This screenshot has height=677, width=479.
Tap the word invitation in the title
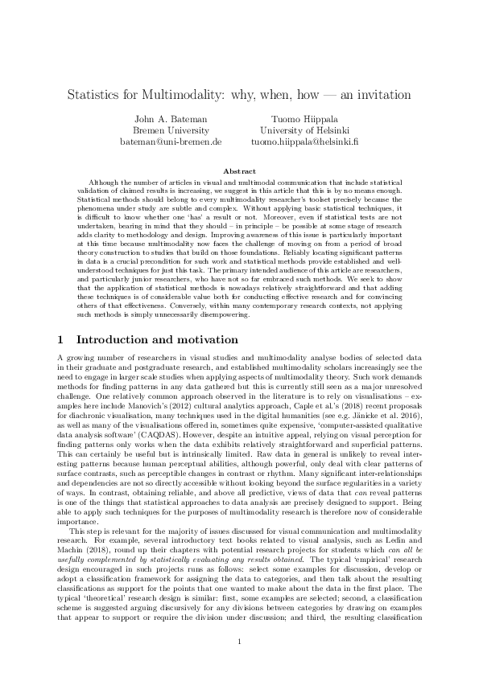(382, 95)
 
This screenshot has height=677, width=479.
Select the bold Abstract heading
(239, 170)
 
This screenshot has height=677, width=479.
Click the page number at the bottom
(239, 641)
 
